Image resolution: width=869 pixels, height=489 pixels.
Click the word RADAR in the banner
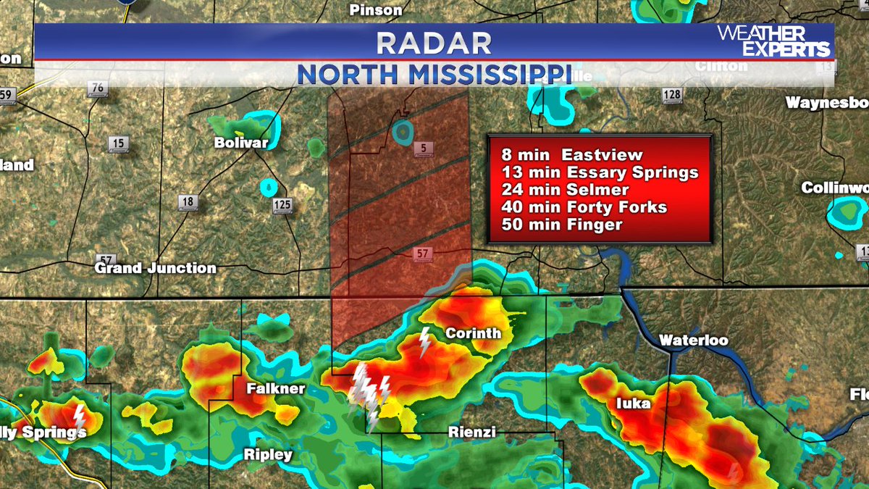coord(434,43)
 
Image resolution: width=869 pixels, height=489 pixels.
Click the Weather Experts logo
coord(773,41)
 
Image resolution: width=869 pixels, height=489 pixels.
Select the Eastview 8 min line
coord(572,155)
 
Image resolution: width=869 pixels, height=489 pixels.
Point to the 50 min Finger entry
coord(561,225)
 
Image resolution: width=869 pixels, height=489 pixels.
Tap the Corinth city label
coord(473,334)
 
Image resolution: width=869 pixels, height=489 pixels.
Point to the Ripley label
coord(267,455)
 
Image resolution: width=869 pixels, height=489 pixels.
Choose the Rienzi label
coord(471,432)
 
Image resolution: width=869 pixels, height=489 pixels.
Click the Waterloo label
coord(693,340)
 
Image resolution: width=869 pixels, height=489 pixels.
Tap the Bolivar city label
coord(240,143)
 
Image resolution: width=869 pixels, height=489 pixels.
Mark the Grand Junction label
coord(156,268)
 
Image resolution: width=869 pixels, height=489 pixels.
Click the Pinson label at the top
coord(375,9)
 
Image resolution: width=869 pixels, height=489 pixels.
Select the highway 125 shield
coord(282,206)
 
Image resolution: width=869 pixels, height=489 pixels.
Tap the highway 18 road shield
coord(188,202)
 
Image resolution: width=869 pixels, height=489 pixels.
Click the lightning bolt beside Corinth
coord(425,341)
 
